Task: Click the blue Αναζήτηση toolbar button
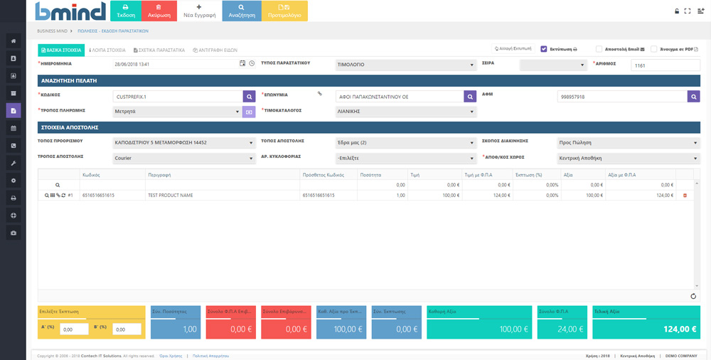[241, 11]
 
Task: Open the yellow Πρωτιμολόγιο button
[284, 11]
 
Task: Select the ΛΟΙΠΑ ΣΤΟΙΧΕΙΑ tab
[107, 51]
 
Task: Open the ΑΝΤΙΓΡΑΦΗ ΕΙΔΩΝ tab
[217, 51]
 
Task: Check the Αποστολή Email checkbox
[599, 50]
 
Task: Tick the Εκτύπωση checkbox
[544, 50]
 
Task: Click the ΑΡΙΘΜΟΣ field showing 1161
[665, 65]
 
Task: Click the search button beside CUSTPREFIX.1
[249, 96]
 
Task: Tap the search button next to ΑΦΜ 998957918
[693, 96]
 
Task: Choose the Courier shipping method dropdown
[183, 158]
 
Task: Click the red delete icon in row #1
[685, 195]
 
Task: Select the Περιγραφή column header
[159, 174]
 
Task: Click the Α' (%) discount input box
[74, 329]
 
